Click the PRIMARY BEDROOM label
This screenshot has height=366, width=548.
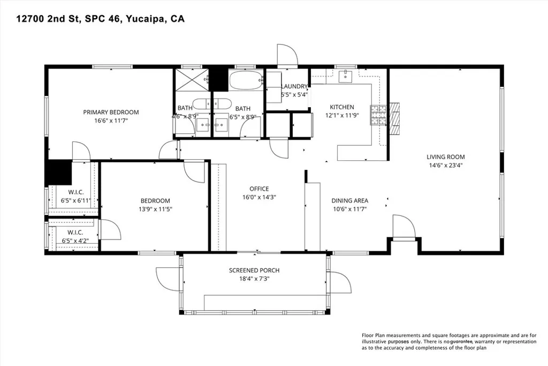pos(111,112)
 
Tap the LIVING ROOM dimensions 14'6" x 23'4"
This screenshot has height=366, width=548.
pos(445,166)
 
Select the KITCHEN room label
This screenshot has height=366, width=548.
pos(341,107)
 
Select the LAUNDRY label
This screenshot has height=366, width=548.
pos(294,86)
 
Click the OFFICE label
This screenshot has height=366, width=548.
pos(259,189)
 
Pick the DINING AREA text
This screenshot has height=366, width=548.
pos(349,200)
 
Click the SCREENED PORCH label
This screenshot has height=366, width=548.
pos(254,270)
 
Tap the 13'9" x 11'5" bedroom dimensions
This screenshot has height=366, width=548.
pos(153,210)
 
